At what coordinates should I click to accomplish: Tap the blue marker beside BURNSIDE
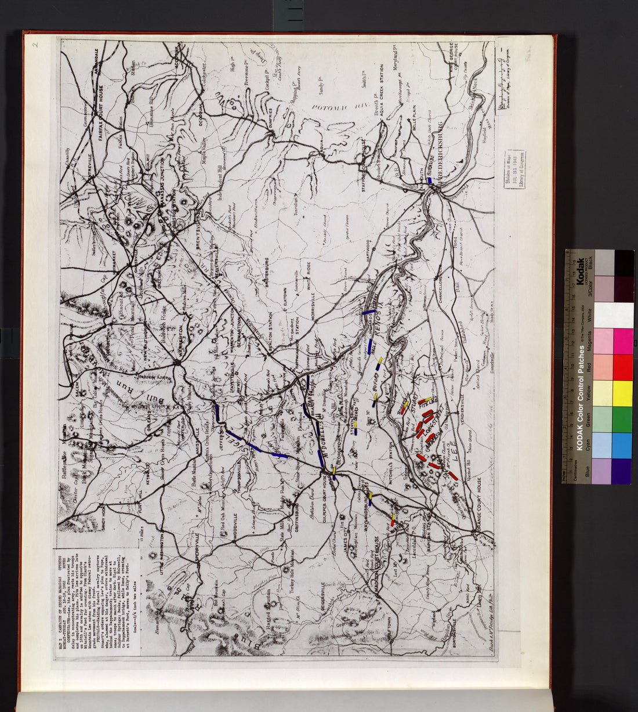click(430, 180)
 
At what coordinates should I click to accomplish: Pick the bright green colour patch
click(622, 419)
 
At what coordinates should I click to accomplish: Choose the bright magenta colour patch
click(622, 342)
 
